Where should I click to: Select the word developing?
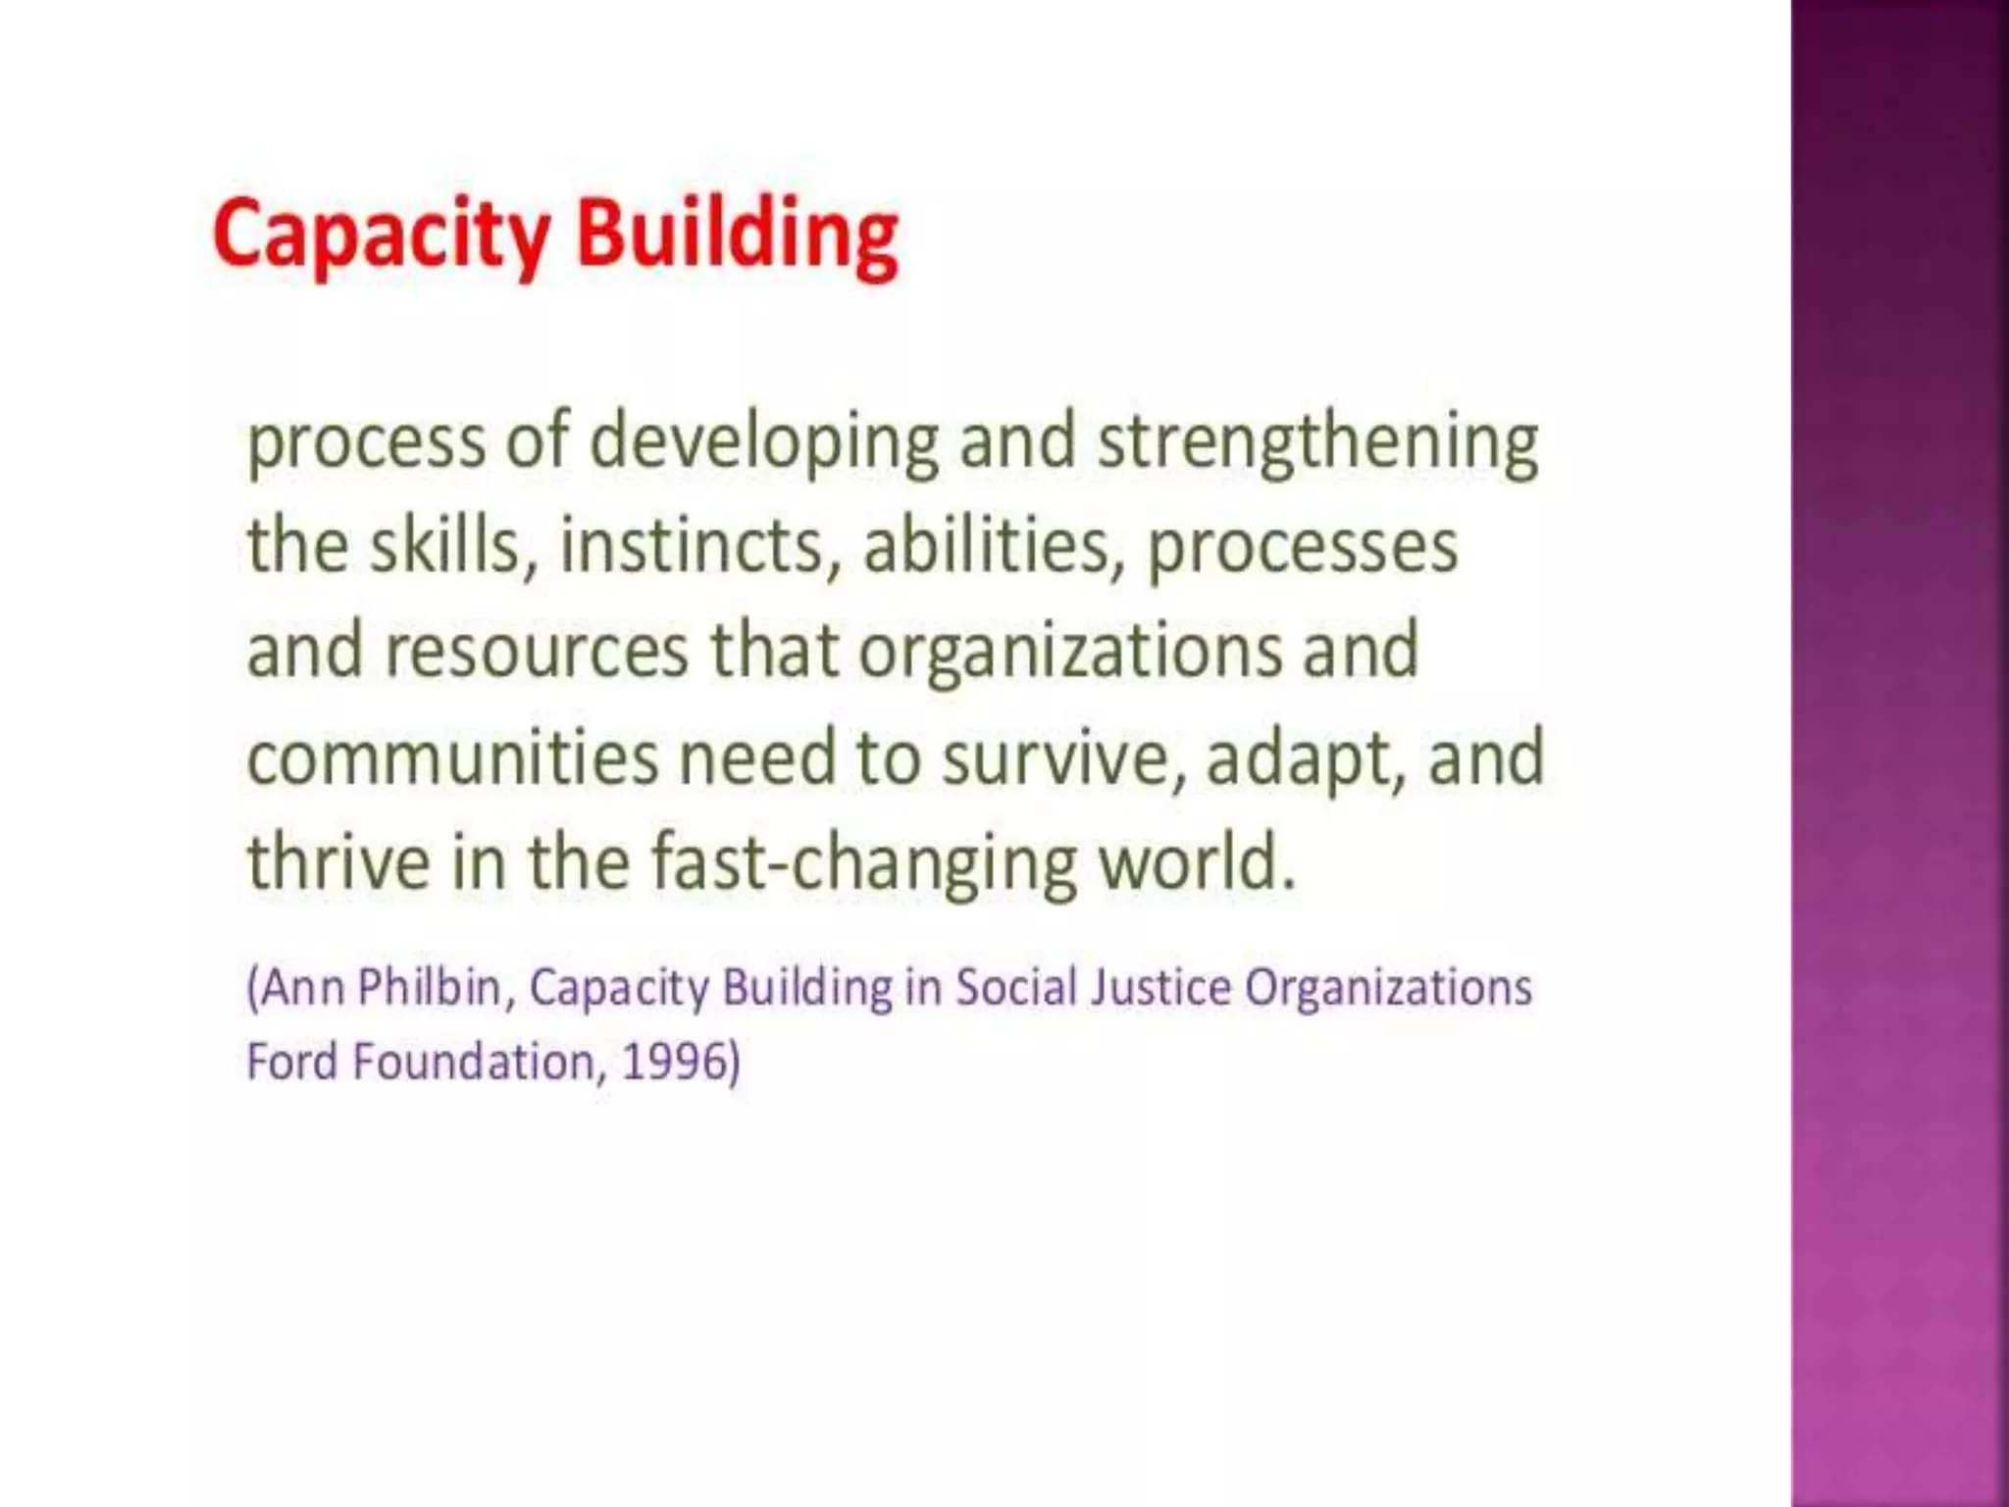point(764,443)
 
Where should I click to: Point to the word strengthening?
point(1317,443)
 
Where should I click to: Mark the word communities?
point(452,757)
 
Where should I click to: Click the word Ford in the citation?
point(291,1062)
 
